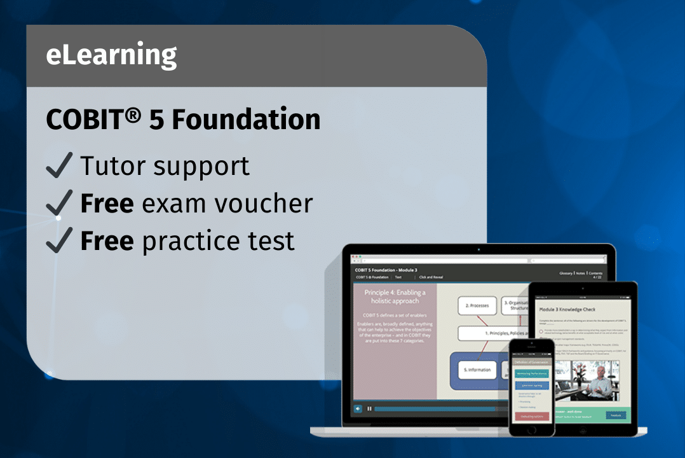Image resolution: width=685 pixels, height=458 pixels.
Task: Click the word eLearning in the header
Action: pyautogui.click(x=111, y=56)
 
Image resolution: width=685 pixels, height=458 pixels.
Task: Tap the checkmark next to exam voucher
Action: pyautogui.click(x=60, y=203)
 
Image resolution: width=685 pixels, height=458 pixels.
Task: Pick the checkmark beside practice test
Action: pyautogui.click(x=60, y=240)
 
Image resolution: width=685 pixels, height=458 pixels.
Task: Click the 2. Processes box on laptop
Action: pyautogui.click(x=477, y=305)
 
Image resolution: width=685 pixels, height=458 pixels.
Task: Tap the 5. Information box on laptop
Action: pyautogui.click(x=477, y=370)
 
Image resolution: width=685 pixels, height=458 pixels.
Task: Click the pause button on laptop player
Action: pyautogui.click(x=369, y=408)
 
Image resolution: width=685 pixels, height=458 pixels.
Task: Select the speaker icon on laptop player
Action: pyautogui.click(x=358, y=408)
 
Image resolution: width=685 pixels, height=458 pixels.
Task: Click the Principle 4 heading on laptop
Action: pyautogui.click(x=395, y=296)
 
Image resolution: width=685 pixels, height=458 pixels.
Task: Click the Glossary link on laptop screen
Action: pyautogui.click(x=566, y=273)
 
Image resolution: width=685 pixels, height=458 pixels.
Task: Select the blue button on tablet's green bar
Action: pyautogui.click(x=614, y=415)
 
